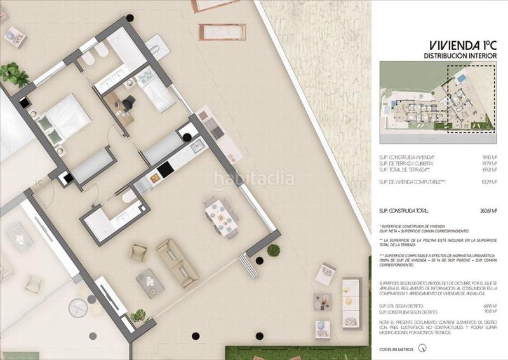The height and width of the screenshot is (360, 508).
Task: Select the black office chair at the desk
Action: pos(130,102)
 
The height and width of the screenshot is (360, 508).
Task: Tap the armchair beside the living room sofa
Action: pos(138,252)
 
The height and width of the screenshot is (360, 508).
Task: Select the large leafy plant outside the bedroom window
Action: pos(14,75)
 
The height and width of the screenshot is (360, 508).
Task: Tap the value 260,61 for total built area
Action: pos(486,210)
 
